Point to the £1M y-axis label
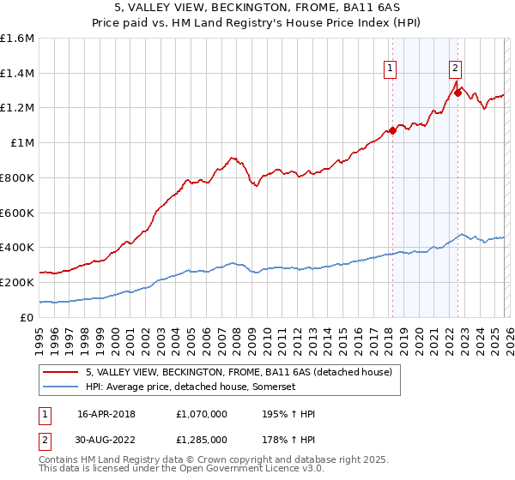pyautogui.click(x=22, y=143)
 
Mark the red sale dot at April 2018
pyautogui.click(x=392, y=131)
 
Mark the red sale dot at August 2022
pyautogui.click(x=458, y=93)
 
